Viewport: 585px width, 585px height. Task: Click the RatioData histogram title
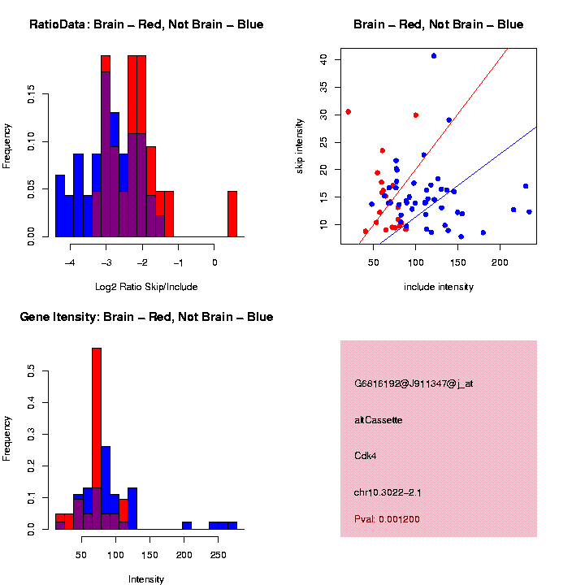146,24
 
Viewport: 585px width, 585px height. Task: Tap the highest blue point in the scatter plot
434,56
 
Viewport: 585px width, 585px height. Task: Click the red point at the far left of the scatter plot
348,112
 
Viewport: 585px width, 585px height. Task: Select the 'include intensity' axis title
439,287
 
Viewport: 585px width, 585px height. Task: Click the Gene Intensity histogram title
146,317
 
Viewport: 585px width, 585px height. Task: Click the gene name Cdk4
366,456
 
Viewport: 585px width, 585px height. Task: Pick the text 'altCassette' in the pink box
379,420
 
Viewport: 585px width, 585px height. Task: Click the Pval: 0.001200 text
387,519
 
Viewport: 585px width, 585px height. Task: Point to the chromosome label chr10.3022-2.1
388,492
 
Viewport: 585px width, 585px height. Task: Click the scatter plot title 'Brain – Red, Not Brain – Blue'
439,24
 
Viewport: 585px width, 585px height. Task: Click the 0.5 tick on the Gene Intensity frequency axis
32,371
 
